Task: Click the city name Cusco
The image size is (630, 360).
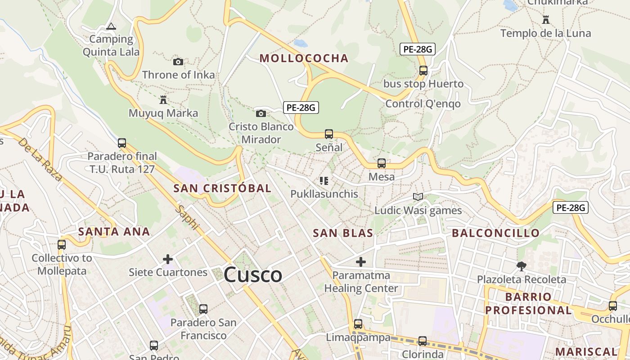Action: (253, 274)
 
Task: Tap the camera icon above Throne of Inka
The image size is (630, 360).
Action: (178, 62)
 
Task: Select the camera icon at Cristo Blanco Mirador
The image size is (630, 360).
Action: (261, 113)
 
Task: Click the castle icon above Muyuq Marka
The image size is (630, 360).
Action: (163, 99)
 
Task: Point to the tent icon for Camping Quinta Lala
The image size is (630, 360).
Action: (111, 26)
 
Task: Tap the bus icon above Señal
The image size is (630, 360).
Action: (329, 134)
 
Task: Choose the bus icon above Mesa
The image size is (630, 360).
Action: (382, 163)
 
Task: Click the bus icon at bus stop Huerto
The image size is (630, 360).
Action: (423, 70)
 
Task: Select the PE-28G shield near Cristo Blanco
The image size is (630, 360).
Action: (301, 108)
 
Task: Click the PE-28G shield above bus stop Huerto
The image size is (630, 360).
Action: (418, 49)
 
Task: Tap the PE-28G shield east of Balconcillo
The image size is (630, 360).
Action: (571, 207)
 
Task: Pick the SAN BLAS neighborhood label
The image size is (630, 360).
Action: (343, 233)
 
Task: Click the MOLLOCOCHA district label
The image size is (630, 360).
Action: (304, 58)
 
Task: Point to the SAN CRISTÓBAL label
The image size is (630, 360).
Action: (222, 188)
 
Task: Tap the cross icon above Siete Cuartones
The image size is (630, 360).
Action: (168, 259)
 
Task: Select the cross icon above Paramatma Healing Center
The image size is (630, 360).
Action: (361, 261)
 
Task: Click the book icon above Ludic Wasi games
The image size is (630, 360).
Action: (418, 197)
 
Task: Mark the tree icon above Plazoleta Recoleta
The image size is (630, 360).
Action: (521, 266)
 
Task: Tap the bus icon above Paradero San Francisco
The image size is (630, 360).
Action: (203, 309)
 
